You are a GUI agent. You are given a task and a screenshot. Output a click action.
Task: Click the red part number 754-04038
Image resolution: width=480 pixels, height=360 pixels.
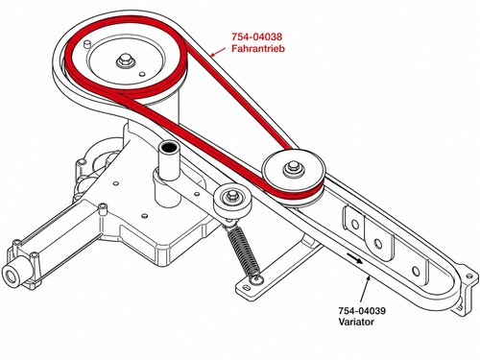[257, 36]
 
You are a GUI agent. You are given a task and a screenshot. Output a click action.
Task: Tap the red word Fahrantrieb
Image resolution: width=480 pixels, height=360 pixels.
[258, 48]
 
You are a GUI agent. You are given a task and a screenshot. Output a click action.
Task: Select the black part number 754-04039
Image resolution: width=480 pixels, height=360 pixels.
[362, 311]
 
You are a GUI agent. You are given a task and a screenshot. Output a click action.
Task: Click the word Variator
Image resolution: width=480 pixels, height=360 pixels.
[356, 322]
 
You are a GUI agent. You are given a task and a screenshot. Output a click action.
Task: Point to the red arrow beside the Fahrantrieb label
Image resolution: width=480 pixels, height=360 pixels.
[219, 52]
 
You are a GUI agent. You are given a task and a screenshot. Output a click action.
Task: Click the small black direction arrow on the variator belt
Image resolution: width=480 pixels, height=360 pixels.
[354, 258]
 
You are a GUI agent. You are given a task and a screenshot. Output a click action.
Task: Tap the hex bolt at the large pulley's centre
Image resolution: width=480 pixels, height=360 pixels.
[123, 60]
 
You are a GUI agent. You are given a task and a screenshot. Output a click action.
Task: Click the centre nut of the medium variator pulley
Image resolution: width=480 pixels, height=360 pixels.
[292, 167]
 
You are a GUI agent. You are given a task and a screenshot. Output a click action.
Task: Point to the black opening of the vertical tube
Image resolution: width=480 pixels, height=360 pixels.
[169, 147]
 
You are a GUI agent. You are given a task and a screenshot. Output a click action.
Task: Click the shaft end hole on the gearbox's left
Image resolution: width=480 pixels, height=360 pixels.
[12, 276]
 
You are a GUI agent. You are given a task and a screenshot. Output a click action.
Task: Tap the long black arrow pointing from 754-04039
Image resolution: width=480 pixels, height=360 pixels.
[365, 290]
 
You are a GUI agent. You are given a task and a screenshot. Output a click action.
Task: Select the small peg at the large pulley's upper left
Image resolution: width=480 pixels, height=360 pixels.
[86, 43]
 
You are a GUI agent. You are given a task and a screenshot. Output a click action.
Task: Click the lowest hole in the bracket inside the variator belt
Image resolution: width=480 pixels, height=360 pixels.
[416, 272]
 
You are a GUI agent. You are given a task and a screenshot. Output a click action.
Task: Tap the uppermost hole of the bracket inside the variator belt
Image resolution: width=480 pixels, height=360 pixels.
[355, 224]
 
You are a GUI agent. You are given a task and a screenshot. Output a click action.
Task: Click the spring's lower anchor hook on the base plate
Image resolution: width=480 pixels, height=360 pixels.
[256, 279]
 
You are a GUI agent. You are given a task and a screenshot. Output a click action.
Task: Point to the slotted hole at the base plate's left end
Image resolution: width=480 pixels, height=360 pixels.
[248, 288]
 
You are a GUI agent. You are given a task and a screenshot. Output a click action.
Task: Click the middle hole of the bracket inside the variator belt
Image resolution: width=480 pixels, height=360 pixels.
[378, 244]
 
